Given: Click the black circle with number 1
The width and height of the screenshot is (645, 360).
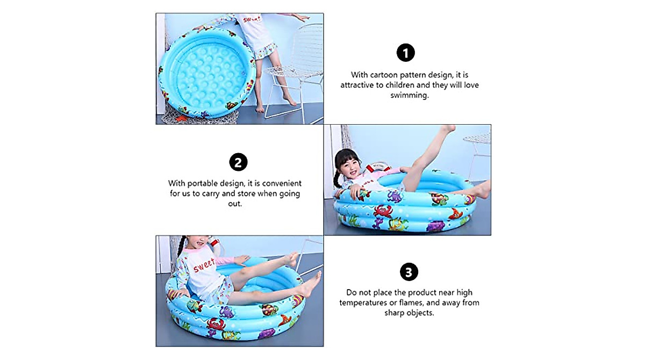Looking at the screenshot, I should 406,53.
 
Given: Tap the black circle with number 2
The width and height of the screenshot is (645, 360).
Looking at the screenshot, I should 239,162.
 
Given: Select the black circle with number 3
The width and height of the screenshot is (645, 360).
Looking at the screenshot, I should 409,272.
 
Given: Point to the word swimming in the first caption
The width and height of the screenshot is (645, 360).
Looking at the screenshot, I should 409,95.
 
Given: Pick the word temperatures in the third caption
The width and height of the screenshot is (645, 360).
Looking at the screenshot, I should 361,303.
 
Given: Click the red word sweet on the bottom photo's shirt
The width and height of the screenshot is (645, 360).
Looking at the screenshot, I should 204,264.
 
